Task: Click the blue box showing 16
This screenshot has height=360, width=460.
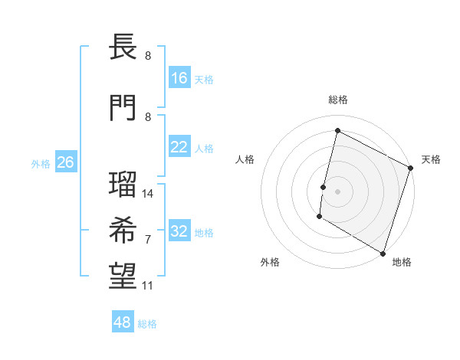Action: point(179,77)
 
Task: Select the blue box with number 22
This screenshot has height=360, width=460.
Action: point(179,147)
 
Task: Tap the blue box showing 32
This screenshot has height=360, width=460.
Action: point(179,231)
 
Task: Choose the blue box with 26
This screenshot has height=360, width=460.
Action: point(65,162)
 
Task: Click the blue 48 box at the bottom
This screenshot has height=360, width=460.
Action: point(123,322)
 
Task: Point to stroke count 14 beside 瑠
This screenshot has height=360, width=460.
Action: point(148,194)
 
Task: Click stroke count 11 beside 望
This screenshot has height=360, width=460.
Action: point(148,286)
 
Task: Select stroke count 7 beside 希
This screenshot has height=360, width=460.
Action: point(148,240)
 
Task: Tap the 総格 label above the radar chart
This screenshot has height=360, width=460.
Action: point(337,100)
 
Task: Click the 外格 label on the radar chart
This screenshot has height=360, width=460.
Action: point(270,262)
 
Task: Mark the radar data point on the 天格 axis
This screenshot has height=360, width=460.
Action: point(411,169)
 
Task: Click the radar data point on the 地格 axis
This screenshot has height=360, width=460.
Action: point(383,253)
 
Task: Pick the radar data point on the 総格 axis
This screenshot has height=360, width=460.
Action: point(337,130)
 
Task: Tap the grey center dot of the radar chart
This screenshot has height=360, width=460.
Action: point(337,191)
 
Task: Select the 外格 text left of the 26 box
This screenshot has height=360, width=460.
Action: point(40,163)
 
